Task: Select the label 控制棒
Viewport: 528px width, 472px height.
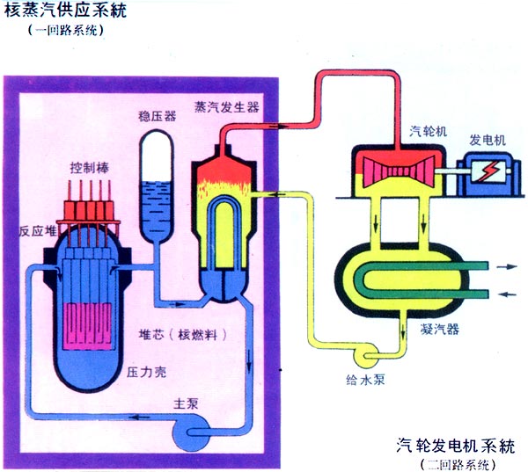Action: [x=88, y=167]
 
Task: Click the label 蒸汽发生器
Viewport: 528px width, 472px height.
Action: [x=226, y=105]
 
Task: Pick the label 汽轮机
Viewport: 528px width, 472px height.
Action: [x=430, y=130]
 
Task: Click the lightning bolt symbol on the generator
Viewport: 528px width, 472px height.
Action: [x=483, y=171]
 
